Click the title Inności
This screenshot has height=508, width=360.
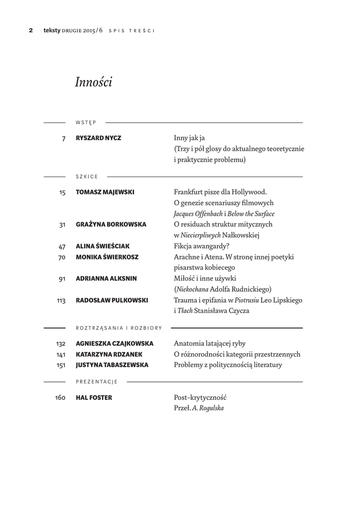[93, 82]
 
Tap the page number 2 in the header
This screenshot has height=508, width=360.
[31, 30]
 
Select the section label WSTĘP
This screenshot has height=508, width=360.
[86, 122]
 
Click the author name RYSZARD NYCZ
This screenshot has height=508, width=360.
[98, 138]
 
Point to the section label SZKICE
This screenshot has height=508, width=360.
[87, 177]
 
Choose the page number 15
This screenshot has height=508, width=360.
[62, 192]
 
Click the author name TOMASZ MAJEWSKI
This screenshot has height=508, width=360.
[105, 192]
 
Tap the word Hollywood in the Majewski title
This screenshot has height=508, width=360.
[250, 192]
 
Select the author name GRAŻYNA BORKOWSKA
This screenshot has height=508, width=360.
[111, 224]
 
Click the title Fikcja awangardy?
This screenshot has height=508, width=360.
[202, 246]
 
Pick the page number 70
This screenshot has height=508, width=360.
[62, 257]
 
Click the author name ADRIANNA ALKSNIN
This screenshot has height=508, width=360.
[106, 279]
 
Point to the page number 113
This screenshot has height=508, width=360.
[61, 301]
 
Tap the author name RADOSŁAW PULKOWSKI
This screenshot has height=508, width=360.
[112, 300]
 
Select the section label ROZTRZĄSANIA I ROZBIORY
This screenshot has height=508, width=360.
[119, 328]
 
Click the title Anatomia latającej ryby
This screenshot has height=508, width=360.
[210, 343]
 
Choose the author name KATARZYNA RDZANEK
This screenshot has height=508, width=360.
[109, 354]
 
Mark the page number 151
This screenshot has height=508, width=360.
[61, 366]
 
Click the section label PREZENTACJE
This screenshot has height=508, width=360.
[96, 381]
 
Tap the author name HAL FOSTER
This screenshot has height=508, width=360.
[94, 397]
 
